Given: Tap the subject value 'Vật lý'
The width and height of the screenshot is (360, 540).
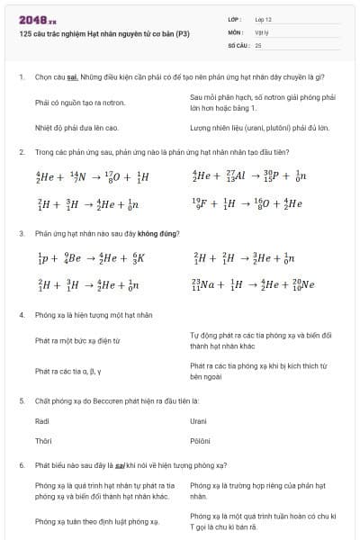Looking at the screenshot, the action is click(x=262, y=31).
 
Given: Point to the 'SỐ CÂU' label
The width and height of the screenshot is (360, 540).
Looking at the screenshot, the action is click(x=238, y=44).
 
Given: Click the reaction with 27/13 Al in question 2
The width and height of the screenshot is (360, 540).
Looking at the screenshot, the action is click(x=249, y=177).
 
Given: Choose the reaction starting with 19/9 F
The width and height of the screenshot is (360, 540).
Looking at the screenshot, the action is click(x=247, y=203).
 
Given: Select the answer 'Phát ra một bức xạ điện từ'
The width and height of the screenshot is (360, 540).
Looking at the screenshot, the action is click(x=77, y=341).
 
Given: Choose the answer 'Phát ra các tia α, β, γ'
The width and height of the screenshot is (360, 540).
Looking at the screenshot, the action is click(x=68, y=371).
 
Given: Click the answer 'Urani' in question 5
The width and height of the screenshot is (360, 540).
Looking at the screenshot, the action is click(x=199, y=421).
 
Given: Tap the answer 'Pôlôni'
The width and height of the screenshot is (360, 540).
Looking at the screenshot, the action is click(x=200, y=441).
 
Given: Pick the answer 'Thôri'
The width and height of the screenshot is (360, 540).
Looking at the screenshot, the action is click(x=42, y=441).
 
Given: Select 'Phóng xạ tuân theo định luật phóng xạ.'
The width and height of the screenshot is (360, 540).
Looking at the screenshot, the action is click(x=96, y=520).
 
